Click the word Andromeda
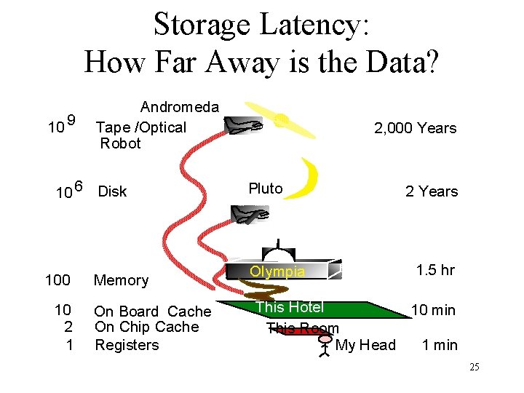coord(179,107)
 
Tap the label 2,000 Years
coord(415,128)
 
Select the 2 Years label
coord(432,191)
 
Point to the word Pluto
coord(266,188)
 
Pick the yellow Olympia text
coord(277,271)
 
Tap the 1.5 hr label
coord(435,270)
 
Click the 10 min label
coord(433,310)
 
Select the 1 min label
coord(440,345)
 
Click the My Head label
coord(365,345)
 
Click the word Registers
coord(127,345)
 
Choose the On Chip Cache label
coord(146,327)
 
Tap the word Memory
coord(121,280)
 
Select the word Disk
coord(112,191)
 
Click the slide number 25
coord(474,368)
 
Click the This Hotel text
coord(290,307)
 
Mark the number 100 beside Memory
coord(57,280)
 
